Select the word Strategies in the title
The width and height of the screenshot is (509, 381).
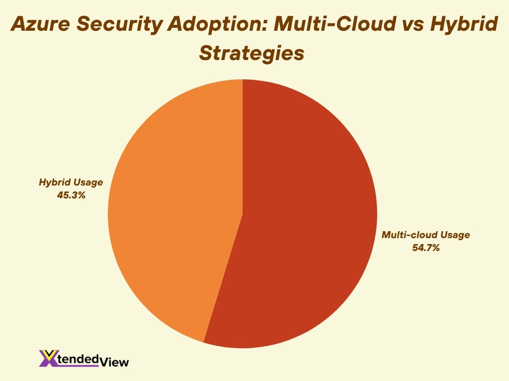click(x=252, y=53)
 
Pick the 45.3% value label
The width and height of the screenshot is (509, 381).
click(x=71, y=195)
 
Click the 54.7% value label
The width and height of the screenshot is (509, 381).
click(x=425, y=248)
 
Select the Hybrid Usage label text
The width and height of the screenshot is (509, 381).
click(x=71, y=183)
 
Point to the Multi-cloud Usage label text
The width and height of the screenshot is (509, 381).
click(x=425, y=235)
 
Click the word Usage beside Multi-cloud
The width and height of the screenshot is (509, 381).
click(x=453, y=235)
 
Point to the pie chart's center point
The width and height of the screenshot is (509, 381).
click(x=243, y=214)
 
